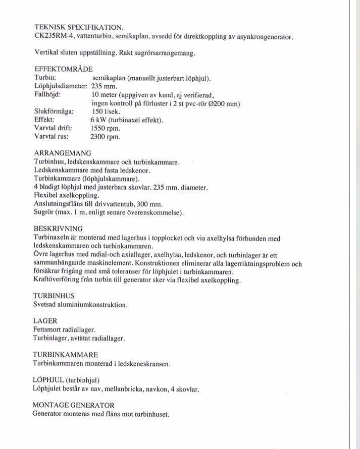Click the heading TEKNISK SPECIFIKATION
click(x=79, y=27)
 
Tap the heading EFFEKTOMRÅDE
click(x=63, y=70)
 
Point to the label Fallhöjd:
click(x=47, y=95)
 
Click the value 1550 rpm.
click(x=106, y=128)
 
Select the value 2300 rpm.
click(x=106, y=136)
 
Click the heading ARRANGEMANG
click(x=62, y=153)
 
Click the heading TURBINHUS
click(x=54, y=296)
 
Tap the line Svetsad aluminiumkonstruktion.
click(x=80, y=305)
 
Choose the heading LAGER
click(x=45, y=321)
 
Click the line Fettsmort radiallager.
click(x=64, y=329)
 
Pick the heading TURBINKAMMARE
click(x=65, y=355)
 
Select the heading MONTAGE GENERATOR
click(x=73, y=405)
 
